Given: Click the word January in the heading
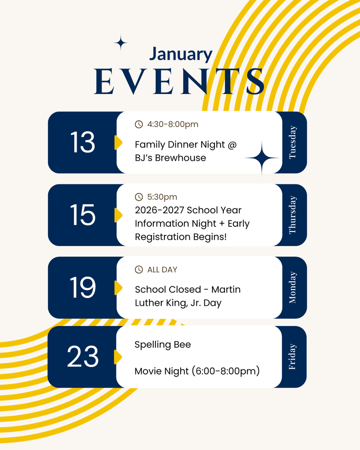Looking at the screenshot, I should [x=180, y=54].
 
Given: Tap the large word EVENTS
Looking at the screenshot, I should [x=179, y=81].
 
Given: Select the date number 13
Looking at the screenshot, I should [x=82, y=142].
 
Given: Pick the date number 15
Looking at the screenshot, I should [x=82, y=215].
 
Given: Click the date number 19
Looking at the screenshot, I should [x=82, y=287].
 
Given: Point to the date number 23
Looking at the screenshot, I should [x=82, y=357].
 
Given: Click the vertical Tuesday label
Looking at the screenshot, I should [x=293, y=142].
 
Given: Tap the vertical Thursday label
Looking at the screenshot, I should [x=293, y=215].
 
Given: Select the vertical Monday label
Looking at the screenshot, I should [x=293, y=287].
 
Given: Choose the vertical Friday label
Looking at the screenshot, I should [x=293, y=357].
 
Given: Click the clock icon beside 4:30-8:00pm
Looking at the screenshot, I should [x=139, y=124].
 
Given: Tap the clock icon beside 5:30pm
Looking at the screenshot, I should [x=139, y=197].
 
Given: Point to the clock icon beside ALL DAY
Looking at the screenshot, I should [x=139, y=269].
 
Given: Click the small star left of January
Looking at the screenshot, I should [x=121, y=43].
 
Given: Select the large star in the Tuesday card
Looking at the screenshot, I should [x=262, y=158].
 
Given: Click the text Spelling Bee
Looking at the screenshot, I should [x=163, y=345].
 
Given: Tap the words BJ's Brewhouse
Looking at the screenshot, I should [x=170, y=158].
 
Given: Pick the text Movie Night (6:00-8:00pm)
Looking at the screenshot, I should [x=197, y=371].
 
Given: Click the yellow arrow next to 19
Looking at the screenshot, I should [x=118, y=287].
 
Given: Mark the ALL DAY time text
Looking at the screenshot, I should [x=162, y=269].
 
